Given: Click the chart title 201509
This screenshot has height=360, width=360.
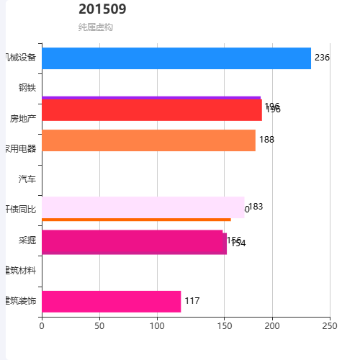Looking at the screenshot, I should [102, 9].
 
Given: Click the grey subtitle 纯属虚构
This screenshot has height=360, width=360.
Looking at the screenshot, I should [95, 27].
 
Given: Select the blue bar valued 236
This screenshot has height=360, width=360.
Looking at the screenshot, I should [176, 58].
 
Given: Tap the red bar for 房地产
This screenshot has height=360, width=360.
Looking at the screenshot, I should [151, 110].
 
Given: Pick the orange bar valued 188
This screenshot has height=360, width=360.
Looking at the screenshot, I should [148, 140].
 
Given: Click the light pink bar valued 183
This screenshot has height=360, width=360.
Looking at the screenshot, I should [143, 207].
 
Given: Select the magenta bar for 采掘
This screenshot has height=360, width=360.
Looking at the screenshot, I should [134, 243].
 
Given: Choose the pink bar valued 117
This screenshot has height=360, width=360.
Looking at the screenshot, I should [111, 301].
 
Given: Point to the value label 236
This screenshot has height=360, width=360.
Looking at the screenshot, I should [322, 58].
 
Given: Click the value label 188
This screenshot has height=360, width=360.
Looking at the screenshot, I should [266, 140].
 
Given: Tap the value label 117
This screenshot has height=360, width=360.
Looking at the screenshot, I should [192, 301].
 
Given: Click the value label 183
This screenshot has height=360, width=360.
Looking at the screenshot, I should [256, 207].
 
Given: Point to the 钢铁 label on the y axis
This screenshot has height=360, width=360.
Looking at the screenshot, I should [27, 88].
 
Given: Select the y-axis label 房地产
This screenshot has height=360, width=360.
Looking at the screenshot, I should [22, 118].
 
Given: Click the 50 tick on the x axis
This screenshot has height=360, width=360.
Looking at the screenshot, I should [99, 326].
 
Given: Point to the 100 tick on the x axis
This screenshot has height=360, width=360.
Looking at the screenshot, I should [157, 326].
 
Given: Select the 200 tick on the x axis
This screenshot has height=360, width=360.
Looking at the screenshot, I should [272, 326].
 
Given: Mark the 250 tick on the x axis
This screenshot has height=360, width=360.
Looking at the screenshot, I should [330, 326].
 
